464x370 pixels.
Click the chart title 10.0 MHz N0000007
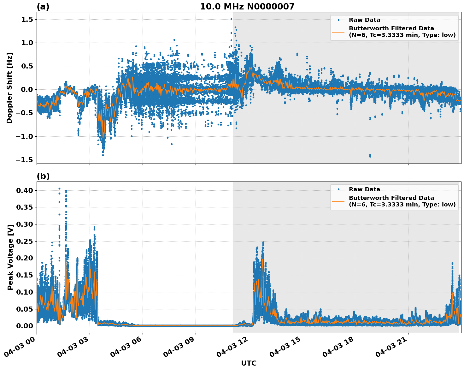(247, 7)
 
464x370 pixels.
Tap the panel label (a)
(43, 7)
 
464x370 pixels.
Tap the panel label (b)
(43, 176)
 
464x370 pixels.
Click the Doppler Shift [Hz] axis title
(9, 88)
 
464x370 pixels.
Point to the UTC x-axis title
(249, 363)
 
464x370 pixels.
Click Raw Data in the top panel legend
(364, 20)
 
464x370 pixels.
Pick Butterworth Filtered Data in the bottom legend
(391, 198)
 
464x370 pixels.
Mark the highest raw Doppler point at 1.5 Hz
(231, 19)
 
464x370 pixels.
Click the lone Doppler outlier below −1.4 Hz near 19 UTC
(370, 156)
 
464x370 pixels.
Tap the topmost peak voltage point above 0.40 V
(59, 189)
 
